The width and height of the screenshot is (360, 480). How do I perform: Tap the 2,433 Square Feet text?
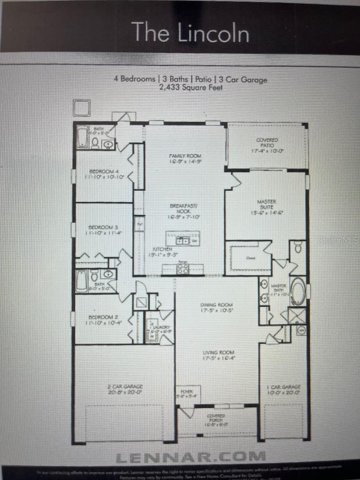(x=191, y=88)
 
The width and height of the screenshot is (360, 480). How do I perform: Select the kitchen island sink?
(x=183, y=240)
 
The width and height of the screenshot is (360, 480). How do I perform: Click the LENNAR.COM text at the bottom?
(x=190, y=456)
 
